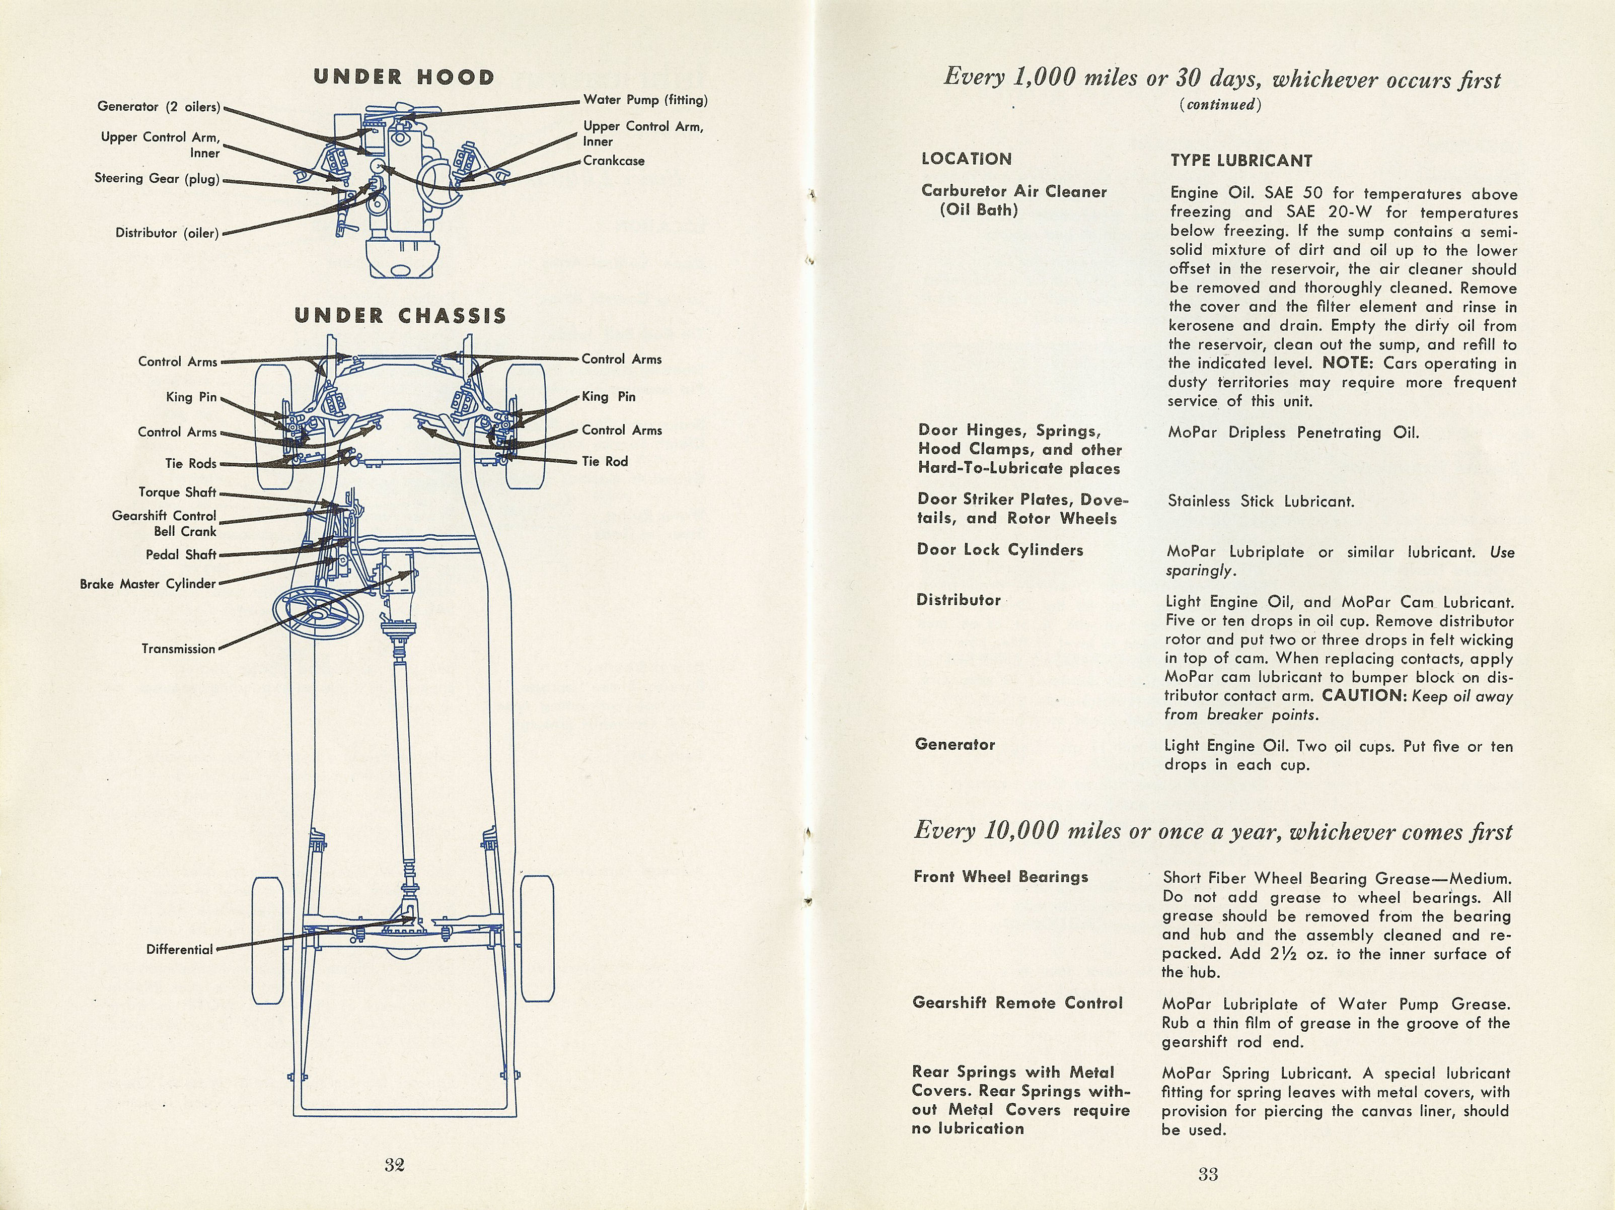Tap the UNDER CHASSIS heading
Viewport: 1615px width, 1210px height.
[x=400, y=315]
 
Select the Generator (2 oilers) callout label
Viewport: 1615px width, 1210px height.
[x=159, y=107]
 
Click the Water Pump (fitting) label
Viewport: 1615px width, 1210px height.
[x=645, y=100]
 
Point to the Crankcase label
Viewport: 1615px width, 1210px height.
[x=613, y=161]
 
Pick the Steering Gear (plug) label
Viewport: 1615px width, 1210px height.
[x=157, y=178]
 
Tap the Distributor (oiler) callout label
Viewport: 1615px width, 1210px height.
[x=167, y=233]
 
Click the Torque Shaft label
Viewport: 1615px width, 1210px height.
[x=177, y=492]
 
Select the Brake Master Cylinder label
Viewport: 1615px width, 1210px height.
[x=148, y=584]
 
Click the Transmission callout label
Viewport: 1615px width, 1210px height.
[x=178, y=649]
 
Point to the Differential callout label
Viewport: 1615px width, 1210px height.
[x=180, y=949]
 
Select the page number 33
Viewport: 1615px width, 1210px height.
[x=1208, y=1174]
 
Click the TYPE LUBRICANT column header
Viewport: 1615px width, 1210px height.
[x=1241, y=161]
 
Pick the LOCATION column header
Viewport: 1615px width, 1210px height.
[x=967, y=159]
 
